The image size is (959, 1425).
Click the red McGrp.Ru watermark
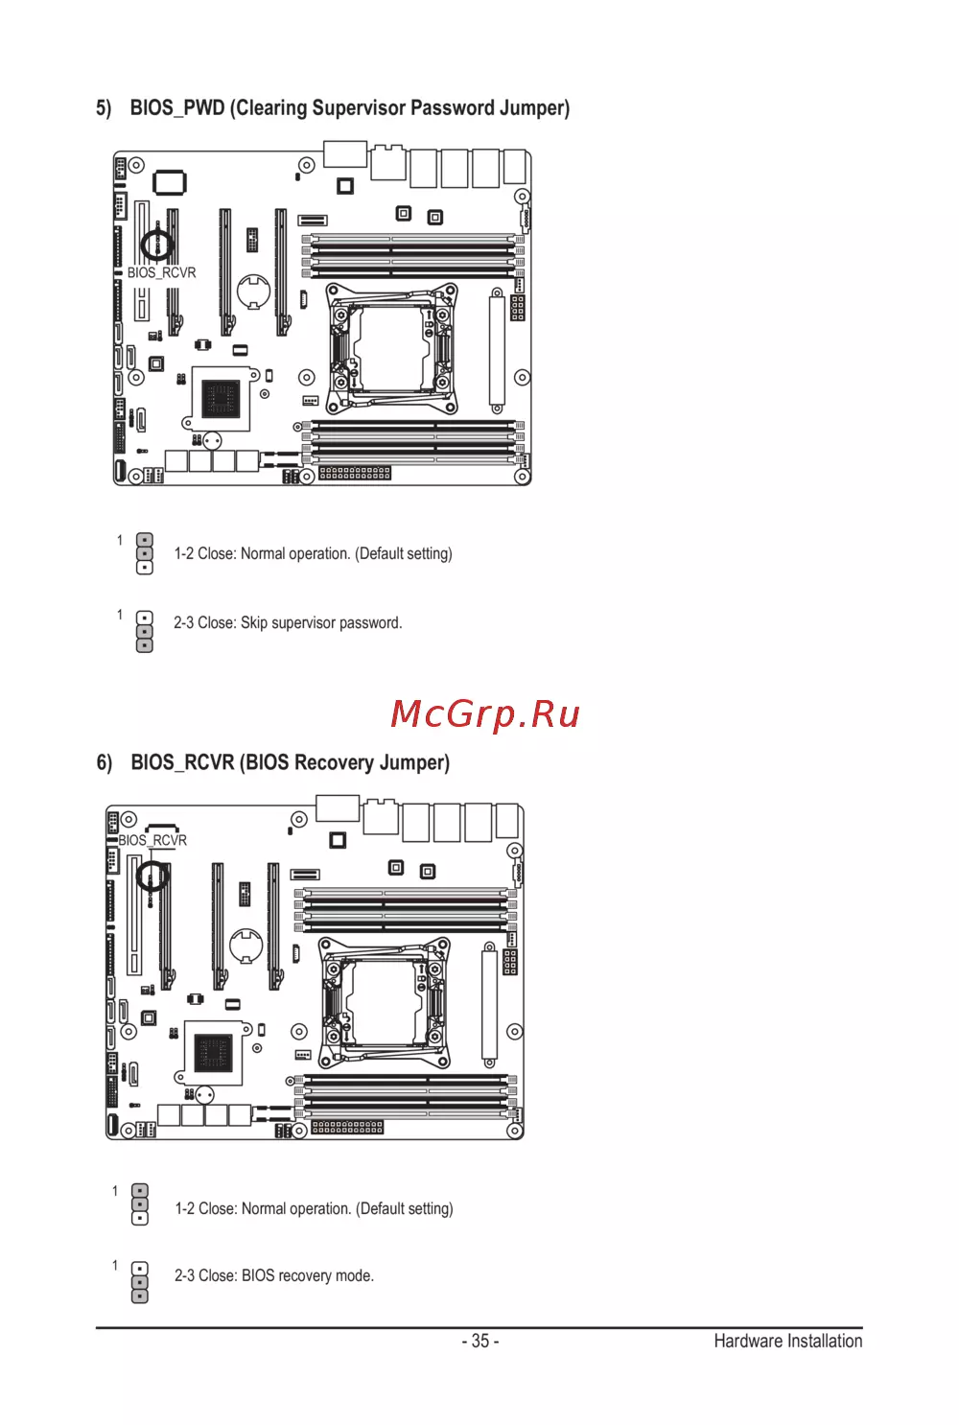pyautogui.click(x=485, y=715)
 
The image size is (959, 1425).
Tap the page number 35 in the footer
pyautogui.click(x=480, y=1341)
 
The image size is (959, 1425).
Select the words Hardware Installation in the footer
pyautogui.click(x=787, y=1341)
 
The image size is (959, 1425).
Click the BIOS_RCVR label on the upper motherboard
pyautogui.click(x=162, y=273)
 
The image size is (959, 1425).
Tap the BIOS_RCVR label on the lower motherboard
pyautogui.click(x=152, y=840)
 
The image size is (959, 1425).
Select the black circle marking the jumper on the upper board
pyautogui.click(x=156, y=245)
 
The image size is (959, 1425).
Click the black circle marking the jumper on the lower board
pyautogui.click(x=152, y=876)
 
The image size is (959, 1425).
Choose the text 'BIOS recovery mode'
pyautogui.click(x=307, y=1275)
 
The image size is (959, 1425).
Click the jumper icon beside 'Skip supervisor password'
pyautogui.click(x=145, y=632)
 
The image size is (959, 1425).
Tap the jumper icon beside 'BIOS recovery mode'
pyautogui.click(x=140, y=1282)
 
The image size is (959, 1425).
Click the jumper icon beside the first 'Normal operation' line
pyautogui.click(x=145, y=553)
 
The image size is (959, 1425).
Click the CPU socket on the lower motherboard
pyautogui.click(x=385, y=1003)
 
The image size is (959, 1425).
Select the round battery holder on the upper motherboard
pyautogui.click(x=254, y=292)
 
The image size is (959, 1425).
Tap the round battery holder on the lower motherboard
pyautogui.click(x=246, y=946)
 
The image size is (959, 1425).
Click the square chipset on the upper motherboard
pyautogui.click(x=221, y=399)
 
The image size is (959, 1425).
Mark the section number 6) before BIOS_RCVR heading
pyautogui.click(x=105, y=762)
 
